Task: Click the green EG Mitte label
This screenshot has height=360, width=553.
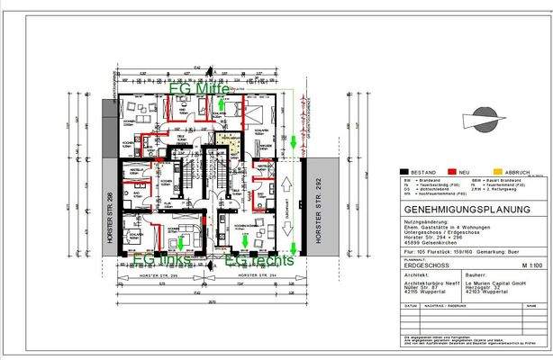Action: click(205, 91)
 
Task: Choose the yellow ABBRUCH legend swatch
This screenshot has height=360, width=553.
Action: click(498, 170)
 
